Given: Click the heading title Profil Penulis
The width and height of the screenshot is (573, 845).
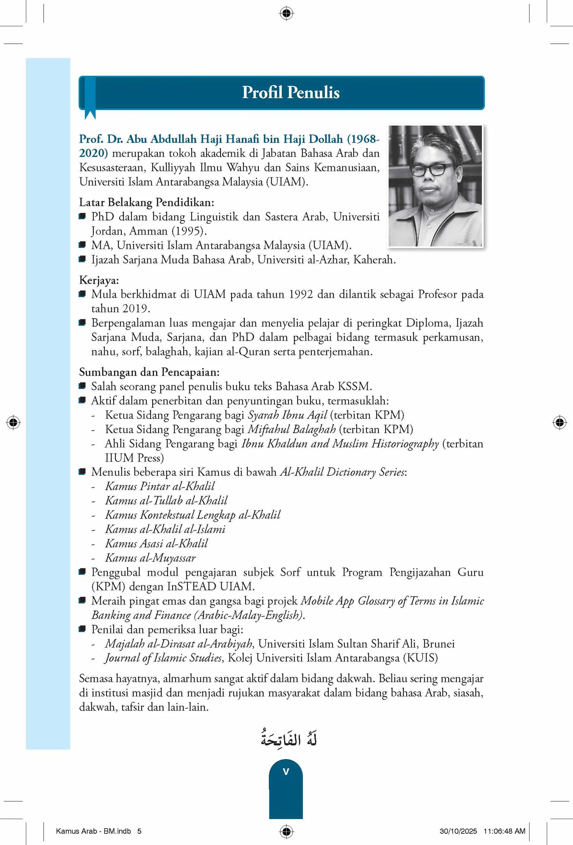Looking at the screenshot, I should click(291, 92).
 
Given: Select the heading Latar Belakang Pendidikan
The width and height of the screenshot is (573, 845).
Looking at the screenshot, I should click(147, 202).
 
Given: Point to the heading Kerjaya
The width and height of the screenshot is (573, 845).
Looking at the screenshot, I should click(99, 280).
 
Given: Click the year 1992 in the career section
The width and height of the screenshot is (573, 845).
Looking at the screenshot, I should click(301, 294).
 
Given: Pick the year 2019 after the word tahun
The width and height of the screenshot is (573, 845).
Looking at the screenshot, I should click(135, 308).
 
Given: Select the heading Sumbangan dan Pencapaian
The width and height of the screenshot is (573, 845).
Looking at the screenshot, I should click(149, 372).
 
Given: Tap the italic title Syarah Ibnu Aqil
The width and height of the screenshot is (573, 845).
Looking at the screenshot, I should click(287, 415).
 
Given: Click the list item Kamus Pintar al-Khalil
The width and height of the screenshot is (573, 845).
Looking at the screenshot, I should click(160, 486).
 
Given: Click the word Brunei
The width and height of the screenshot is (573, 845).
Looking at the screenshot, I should click(438, 643).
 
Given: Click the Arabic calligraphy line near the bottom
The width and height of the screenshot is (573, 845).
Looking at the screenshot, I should click(289, 739).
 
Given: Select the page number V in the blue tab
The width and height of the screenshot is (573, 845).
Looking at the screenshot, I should click(286, 772).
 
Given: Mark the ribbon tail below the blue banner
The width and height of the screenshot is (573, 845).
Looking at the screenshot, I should click(90, 114).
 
